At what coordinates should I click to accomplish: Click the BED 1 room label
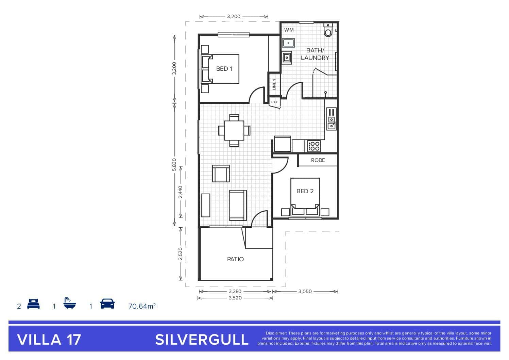pyautogui.click(x=224, y=69)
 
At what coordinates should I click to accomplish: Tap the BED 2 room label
pyautogui.click(x=305, y=191)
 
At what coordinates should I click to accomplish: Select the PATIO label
pyautogui.click(x=235, y=259)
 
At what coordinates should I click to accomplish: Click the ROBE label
pyautogui.click(x=318, y=160)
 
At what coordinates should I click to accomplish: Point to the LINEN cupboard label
pyautogui.click(x=274, y=84)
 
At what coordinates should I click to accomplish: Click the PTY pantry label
pyautogui.click(x=274, y=102)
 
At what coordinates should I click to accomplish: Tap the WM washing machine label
pyautogui.click(x=289, y=30)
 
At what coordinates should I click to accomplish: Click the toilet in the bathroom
pyautogui.click(x=328, y=30)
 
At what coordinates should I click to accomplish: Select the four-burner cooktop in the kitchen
pyautogui.click(x=314, y=146)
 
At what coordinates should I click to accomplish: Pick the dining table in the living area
pyautogui.click(x=234, y=131)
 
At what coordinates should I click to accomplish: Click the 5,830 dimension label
pyautogui.click(x=174, y=165)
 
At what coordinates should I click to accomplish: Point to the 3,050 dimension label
pyautogui.click(x=305, y=291)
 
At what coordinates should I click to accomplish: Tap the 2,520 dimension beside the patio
pyautogui.click(x=180, y=254)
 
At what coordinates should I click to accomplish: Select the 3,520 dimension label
pyautogui.click(x=235, y=298)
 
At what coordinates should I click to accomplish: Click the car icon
pyautogui.click(x=107, y=304)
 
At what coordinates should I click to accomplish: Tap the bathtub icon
pyautogui.click(x=70, y=303)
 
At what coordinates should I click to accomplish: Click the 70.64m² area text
pyautogui.click(x=142, y=306)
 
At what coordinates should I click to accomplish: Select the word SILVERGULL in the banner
pyautogui.click(x=202, y=340)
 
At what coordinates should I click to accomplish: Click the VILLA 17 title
pyautogui.click(x=49, y=340)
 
